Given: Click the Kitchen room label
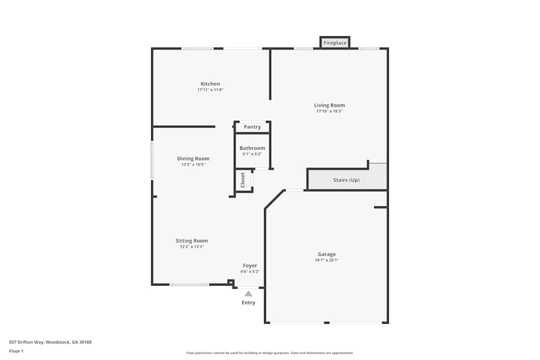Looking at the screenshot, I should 210,84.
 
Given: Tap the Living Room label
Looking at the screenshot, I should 329,105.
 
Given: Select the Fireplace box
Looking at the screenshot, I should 335,43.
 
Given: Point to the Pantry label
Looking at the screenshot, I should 252,127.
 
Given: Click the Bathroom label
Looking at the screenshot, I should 252,148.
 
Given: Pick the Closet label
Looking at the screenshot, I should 243,179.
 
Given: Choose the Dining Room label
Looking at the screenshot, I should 193,159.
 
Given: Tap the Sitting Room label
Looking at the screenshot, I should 192,241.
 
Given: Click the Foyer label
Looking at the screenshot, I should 250,266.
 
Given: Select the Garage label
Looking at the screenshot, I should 327,254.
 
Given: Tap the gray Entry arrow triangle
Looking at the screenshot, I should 248,294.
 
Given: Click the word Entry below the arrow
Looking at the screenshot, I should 248,303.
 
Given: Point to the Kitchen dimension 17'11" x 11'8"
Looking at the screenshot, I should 210,90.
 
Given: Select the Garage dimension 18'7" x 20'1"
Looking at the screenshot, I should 327,260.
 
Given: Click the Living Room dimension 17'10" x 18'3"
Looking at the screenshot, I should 329,111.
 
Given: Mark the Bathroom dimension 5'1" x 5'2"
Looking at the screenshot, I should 252,154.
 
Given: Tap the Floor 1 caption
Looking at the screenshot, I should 16,351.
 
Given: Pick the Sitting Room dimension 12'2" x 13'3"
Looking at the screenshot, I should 192,247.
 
